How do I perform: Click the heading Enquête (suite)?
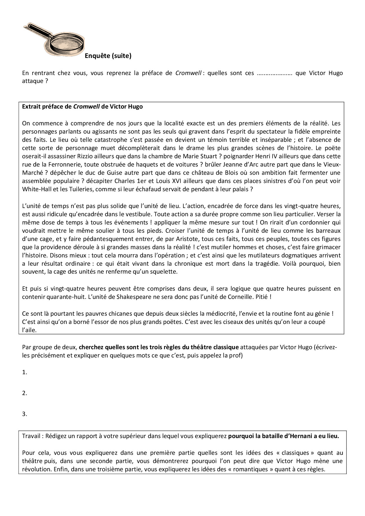[108, 56]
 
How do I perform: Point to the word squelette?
[165, 272]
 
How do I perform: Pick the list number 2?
[24, 393]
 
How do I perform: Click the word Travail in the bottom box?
[31, 436]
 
